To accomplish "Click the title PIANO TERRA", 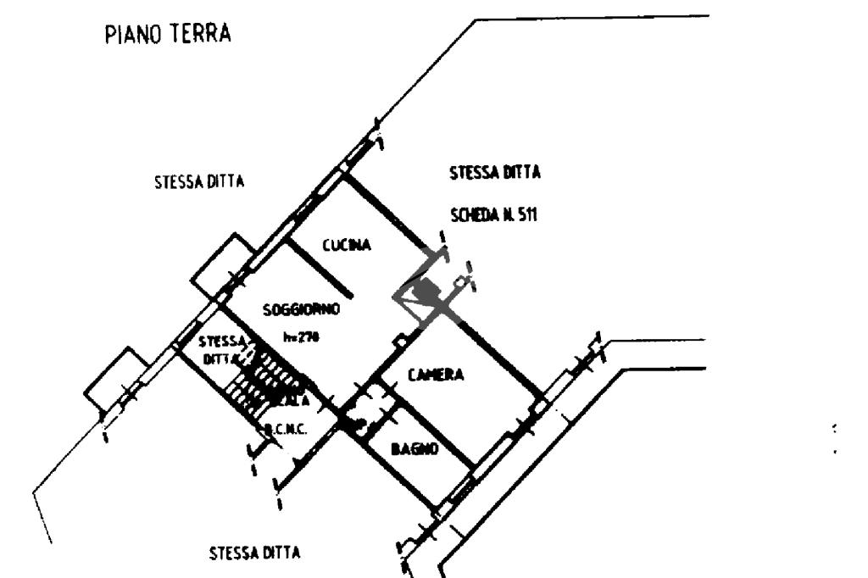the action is (x=168, y=35).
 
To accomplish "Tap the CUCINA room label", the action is (x=347, y=246).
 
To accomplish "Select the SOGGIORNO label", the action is (x=301, y=310).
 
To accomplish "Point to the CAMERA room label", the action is (x=436, y=375).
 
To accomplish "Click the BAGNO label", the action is (x=415, y=448).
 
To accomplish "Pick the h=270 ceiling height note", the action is (x=301, y=336).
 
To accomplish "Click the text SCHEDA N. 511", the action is (x=494, y=215).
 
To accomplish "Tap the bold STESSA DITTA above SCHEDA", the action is (x=494, y=173).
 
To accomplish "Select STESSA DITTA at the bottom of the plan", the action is (x=253, y=553).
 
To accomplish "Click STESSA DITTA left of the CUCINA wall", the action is (x=199, y=181).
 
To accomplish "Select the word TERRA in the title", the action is (x=200, y=35).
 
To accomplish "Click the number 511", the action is (x=526, y=215).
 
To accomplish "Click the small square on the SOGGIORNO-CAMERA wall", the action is (x=400, y=340).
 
